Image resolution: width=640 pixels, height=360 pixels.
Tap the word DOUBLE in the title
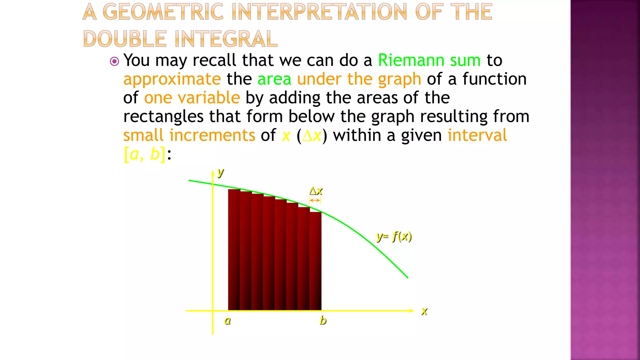coord(125,39)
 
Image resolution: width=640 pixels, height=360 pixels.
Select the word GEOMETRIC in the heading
coord(163,12)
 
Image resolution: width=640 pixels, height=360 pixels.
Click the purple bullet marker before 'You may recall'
coord(115,61)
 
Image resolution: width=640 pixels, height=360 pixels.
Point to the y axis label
coord(221,172)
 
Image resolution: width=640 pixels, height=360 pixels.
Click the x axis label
coord(424,311)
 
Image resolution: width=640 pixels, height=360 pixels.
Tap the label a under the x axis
coord(227,321)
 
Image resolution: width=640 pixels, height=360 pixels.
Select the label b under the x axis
coord(323,320)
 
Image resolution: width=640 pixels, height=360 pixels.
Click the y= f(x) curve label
coord(394,237)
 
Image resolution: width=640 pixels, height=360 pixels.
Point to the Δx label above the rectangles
coord(316,191)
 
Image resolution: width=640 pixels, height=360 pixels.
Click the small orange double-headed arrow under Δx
coord(315,200)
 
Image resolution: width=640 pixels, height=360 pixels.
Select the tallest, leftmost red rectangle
coord(234,250)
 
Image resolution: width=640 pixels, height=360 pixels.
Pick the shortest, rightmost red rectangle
coord(316,261)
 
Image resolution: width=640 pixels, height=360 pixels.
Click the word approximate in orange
coord(172,79)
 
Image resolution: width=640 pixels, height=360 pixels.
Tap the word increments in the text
coord(212,135)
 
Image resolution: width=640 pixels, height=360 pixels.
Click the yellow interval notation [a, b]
coord(145,154)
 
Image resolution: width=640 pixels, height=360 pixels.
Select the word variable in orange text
coord(209,98)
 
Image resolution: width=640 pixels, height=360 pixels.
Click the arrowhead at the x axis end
coord(412,311)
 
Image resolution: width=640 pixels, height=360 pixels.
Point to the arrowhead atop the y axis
coord(213,172)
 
